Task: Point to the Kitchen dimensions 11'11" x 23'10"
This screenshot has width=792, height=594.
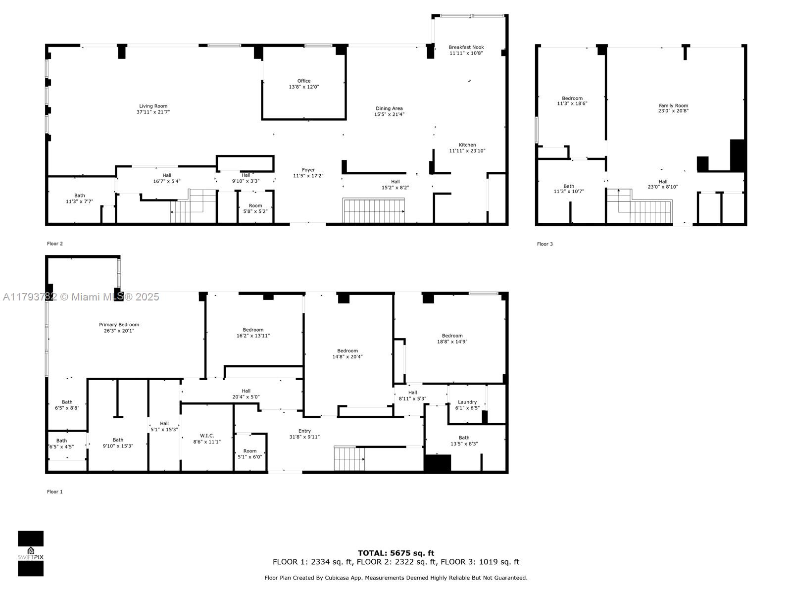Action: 467,151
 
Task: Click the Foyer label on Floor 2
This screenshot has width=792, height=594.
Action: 308,170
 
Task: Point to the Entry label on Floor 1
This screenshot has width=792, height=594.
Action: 304,431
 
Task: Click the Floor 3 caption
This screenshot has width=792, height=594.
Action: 544,244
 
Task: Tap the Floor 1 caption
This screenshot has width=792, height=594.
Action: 54,492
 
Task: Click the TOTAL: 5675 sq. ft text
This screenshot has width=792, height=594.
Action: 396,553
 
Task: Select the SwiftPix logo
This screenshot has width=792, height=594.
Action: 31,553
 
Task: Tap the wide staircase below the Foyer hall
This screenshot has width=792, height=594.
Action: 374,211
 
